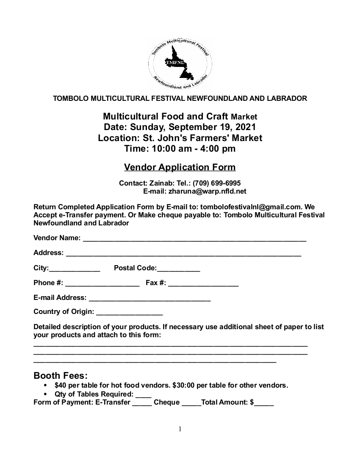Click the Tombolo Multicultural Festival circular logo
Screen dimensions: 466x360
pos(180,64)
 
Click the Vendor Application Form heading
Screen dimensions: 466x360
pos(180,167)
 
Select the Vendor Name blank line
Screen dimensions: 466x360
pos(194,239)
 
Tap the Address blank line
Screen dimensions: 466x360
pos(183,254)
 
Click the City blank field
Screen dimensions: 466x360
pos(75,269)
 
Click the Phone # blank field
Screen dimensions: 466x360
pos(102,284)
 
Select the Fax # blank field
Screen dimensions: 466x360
pos(203,284)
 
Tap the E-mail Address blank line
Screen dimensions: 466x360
pos(150,299)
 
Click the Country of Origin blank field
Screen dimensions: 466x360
pos(129,313)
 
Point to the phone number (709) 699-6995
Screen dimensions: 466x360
pos(216,183)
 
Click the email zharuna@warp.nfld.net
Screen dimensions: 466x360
pos(207,191)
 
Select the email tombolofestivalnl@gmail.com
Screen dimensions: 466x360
pos(250,207)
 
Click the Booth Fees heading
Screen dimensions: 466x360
pos(61,376)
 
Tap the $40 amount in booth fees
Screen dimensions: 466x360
pos(60,386)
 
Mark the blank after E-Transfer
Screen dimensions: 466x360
pos(142,403)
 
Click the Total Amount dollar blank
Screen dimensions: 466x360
pos(264,403)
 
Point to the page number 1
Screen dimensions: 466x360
pos(180,429)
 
